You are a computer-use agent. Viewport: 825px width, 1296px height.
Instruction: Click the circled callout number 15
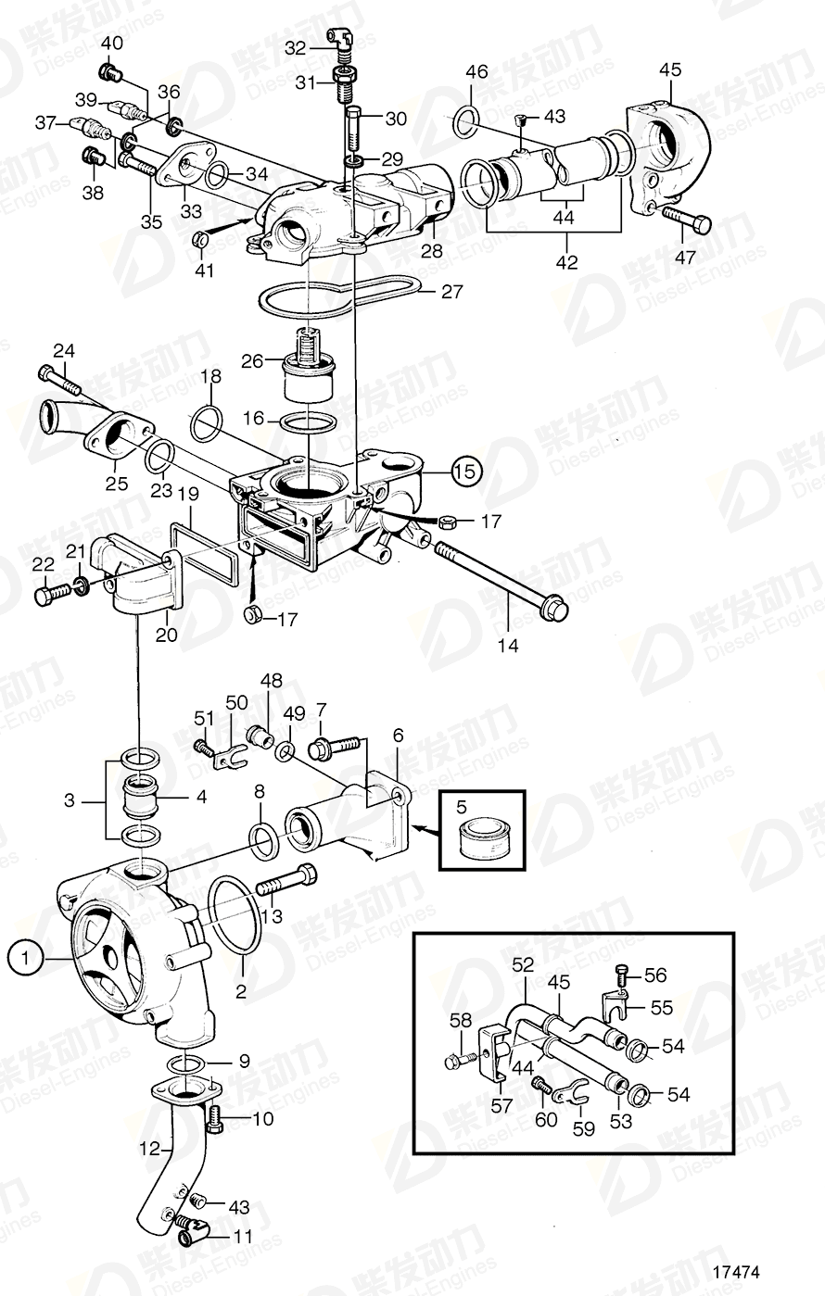pos(467,472)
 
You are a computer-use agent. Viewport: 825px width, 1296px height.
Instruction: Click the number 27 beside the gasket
pos(451,293)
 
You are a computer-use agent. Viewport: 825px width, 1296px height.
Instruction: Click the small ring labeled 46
pos(468,120)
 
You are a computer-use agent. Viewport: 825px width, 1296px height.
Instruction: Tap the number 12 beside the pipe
pos(149,1149)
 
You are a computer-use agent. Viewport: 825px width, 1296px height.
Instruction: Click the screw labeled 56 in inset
pos(621,975)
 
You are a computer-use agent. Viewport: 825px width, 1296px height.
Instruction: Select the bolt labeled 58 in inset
pos(460,1062)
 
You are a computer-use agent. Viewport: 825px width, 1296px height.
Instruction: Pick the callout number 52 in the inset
pos(523,964)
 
